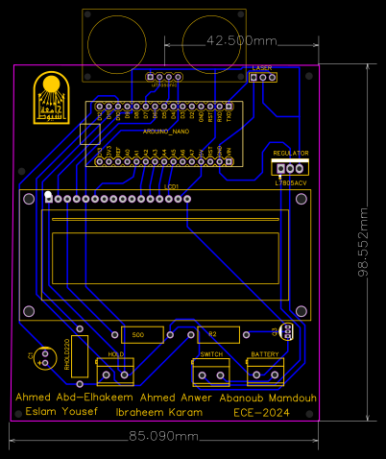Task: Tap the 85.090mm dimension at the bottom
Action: [x=164, y=436]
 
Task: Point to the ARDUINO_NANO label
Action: [x=165, y=129]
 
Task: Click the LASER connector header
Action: [x=262, y=79]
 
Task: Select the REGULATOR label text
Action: [x=290, y=154]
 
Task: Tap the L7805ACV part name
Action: [x=290, y=181]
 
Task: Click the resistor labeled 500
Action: [x=138, y=334]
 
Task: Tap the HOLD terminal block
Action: [x=116, y=371]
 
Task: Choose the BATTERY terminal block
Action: [x=264, y=371]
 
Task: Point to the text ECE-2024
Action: [x=261, y=412]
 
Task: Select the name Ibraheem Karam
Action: [x=159, y=412]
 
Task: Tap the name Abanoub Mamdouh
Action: [x=268, y=397]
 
